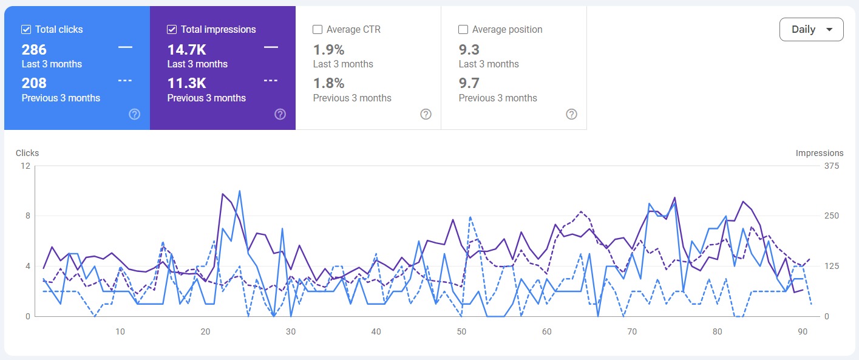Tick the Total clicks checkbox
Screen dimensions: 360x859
coord(26,29)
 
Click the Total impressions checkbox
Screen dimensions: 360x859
coord(172,29)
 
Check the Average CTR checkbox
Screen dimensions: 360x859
coord(317,29)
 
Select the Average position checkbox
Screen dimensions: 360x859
coord(463,29)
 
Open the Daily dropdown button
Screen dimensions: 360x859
coord(811,30)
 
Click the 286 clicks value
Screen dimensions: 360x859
coord(34,50)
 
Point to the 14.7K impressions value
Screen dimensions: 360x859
coord(186,50)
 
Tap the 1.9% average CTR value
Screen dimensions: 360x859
coord(328,50)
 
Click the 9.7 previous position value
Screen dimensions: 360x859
coord(469,83)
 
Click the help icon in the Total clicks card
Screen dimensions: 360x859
coord(135,114)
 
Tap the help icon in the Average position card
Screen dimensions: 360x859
coord(571,114)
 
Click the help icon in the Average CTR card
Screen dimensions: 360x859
coord(426,114)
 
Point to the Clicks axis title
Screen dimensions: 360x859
coord(27,153)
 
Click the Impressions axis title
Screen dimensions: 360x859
coord(820,153)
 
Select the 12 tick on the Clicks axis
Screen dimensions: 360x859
coord(25,166)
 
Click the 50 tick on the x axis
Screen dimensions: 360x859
coord(461,331)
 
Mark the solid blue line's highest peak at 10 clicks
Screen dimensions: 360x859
coord(240,191)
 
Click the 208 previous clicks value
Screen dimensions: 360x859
coord(34,83)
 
